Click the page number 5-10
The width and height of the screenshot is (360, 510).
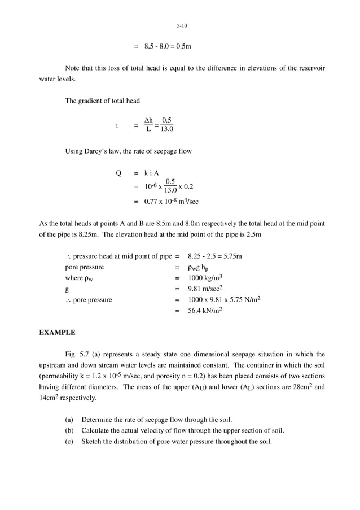[182, 26]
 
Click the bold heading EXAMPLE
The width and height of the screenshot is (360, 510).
[57, 333]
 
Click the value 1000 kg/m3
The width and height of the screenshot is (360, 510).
[205, 278]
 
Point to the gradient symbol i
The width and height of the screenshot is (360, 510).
[117, 125]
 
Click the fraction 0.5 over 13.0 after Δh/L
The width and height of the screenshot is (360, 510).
[166, 125]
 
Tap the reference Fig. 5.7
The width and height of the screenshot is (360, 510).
[78, 354]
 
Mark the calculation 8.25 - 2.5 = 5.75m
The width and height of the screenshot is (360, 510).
[215, 256]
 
